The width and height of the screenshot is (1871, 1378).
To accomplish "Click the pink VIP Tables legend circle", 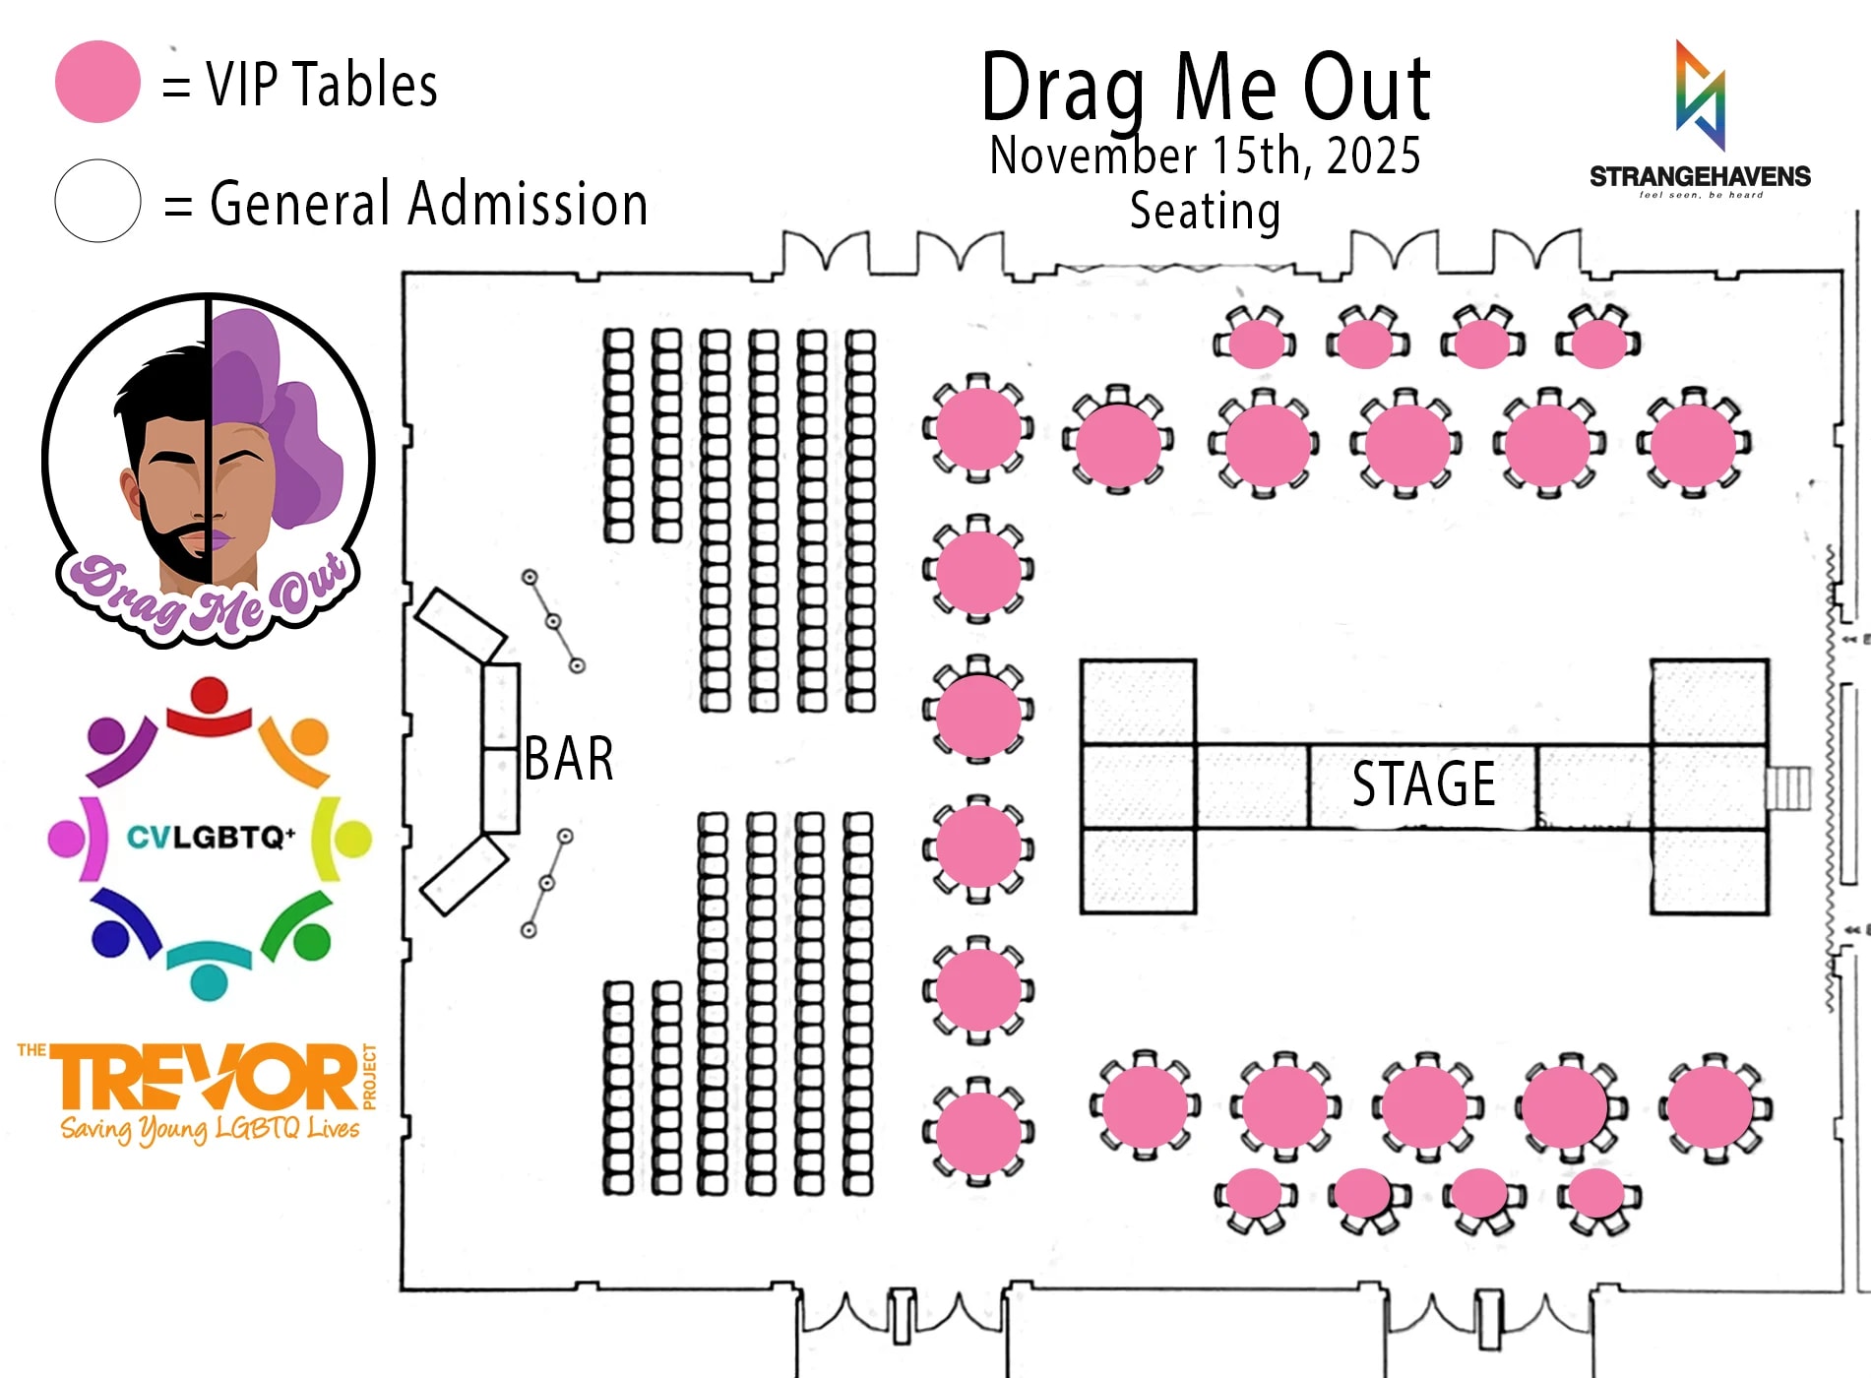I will click(x=97, y=82).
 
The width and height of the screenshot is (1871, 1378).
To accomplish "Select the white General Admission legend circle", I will click(x=97, y=201).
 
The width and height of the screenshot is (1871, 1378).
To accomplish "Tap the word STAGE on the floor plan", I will click(x=1423, y=784).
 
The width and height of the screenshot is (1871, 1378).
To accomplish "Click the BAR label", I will click(x=569, y=759).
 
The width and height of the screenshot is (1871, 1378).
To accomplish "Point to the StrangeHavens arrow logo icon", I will click(x=1701, y=95).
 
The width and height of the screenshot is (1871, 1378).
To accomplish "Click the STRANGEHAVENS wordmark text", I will click(x=1700, y=177).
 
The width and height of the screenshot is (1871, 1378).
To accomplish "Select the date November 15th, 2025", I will click(x=1205, y=156).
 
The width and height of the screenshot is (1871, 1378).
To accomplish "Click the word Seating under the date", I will click(x=1205, y=211).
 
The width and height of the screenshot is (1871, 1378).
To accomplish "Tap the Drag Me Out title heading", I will click(x=1205, y=89).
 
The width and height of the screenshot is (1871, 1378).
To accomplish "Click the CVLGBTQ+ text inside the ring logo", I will click(x=210, y=838).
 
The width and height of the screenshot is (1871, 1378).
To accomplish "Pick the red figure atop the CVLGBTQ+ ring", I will click(x=209, y=706).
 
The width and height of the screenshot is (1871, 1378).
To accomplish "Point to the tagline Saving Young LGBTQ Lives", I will click(x=210, y=1128).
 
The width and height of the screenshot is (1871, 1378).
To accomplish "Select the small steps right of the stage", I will click(x=1788, y=787).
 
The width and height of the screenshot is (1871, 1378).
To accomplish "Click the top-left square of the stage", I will click(x=1139, y=702).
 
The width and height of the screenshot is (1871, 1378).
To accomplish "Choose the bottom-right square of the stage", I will click(x=1710, y=871).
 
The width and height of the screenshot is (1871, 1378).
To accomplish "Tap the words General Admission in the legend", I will click(x=429, y=204).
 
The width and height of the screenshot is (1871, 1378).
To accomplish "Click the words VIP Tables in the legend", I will click(x=322, y=85).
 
